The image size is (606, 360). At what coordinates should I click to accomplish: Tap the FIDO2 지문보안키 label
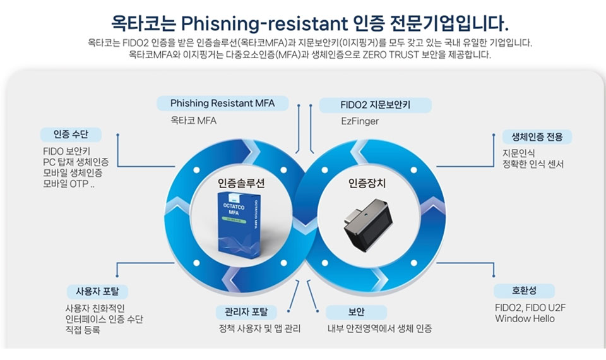pyautogui.click(x=375, y=105)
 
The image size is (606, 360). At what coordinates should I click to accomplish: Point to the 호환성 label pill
pyautogui.click(x=525, y=291)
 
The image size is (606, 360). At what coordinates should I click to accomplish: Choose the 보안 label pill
pyautogui.click(x=356, y=312)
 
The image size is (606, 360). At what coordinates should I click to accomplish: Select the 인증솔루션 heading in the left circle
pyautogui.click(x=241, y=183)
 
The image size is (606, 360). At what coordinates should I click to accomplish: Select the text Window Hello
pyautogui.click(x=525, y=318)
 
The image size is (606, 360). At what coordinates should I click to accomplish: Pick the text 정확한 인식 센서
pyautogui.click(x=533, y=164)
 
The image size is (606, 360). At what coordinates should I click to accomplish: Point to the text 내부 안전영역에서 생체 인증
pyautogui.click(x=379, y=328)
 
